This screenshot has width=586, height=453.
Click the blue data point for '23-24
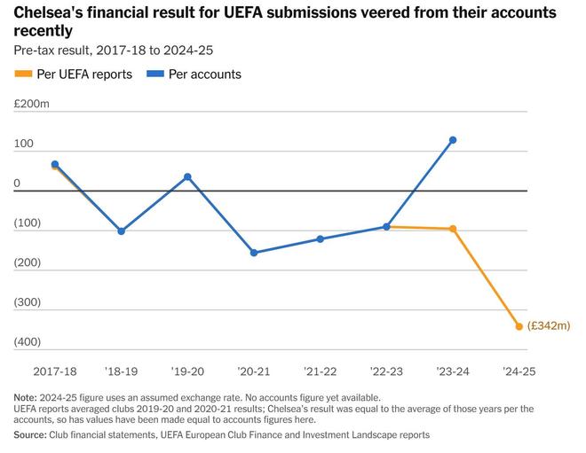(453, 140)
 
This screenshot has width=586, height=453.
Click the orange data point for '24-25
(519, 326)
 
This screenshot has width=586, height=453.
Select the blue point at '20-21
(254, 253)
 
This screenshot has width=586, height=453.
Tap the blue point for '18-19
(122, 231)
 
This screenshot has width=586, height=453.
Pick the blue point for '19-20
(187, 176)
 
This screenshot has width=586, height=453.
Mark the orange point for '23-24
(453, 229)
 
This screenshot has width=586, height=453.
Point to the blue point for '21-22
(321, 239)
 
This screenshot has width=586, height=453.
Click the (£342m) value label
(548, 326)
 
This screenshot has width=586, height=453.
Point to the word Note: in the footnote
(27, 397)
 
